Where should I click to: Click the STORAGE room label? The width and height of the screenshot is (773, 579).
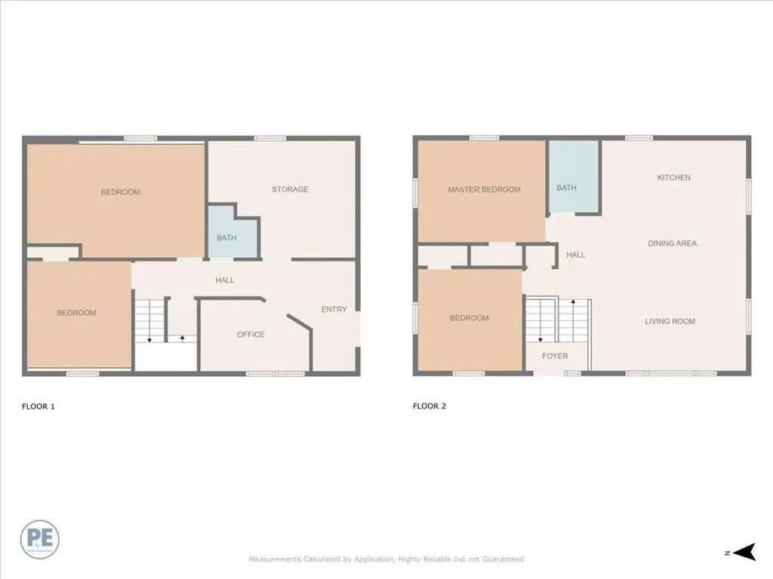click(290, 189)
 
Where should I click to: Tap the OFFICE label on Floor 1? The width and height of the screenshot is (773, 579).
click(251, 334)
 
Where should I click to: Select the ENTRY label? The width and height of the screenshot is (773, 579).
click(334, 309)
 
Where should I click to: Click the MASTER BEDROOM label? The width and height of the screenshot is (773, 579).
click(484, 189)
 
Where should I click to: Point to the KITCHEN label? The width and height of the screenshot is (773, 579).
click(673, 178)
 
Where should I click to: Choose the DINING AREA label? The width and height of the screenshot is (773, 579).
click(672, 244)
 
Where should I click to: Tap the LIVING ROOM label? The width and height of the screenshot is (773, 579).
click(670, 321)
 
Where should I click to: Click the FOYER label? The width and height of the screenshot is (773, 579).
click(555, 356)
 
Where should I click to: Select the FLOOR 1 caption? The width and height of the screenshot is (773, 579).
click(38, 406)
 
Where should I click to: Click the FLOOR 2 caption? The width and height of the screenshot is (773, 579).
click(430, 406)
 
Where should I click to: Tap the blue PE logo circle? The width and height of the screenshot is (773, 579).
click(40, 540)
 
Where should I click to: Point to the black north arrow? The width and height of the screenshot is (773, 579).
click(745, 553)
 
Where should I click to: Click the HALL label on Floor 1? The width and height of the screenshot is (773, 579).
click(224, 280)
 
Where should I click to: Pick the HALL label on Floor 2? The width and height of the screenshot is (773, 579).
click(575, 255)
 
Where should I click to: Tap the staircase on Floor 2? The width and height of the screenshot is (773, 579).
click(557, 320)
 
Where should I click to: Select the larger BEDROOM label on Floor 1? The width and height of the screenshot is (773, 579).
click(120, 192)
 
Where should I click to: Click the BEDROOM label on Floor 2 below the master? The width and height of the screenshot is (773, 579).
click(469, 318)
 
